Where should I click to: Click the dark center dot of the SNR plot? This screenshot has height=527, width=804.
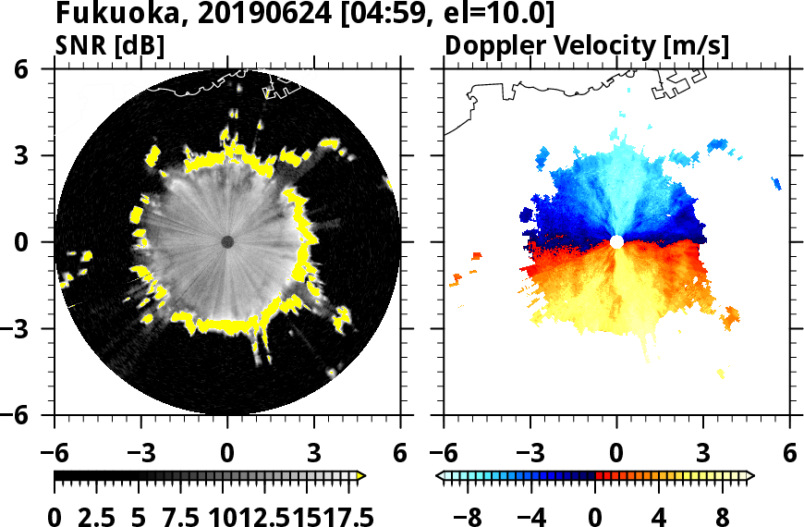tap(227, 242)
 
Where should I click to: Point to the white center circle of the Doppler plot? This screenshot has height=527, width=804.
tap(616, 242)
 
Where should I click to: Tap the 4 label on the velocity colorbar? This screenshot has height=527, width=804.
tap(659, 515)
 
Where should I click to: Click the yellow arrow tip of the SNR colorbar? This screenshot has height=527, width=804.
tap(361, 476)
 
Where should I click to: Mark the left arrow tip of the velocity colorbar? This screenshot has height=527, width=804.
tap(439, 476)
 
